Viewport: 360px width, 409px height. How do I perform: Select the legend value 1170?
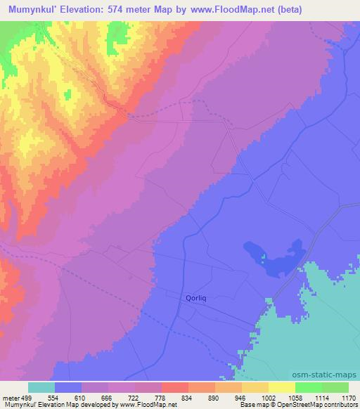(348, 397)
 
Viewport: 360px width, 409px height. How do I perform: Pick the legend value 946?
(241, 397)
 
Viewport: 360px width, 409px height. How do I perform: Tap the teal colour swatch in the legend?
(41, 387)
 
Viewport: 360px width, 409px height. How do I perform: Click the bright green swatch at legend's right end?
(335, 387)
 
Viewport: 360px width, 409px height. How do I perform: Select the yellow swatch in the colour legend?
(281, 387)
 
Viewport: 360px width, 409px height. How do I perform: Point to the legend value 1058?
(295, 397)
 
